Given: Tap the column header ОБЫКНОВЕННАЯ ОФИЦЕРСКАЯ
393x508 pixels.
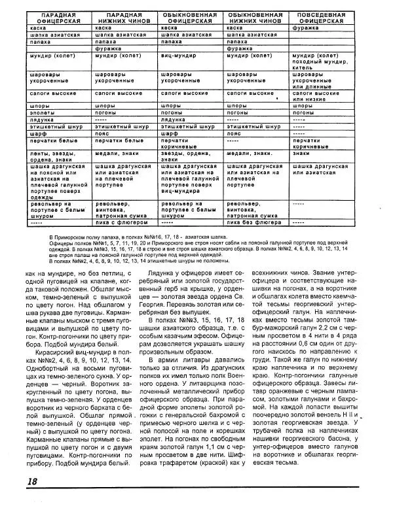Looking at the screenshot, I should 187,17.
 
